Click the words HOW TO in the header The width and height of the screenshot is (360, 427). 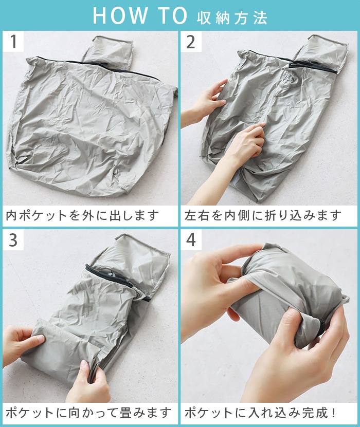click(139, 16)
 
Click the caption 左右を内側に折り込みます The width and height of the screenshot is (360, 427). click(263, 215)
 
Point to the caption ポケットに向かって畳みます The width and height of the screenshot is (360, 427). click(88, 412)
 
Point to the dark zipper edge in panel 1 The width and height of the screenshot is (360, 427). click(103, 65)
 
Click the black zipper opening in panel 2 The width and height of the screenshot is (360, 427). click(311, 66)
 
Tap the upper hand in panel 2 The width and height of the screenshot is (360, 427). click(208, 100)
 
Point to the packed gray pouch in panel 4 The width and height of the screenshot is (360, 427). click(288, 288)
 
